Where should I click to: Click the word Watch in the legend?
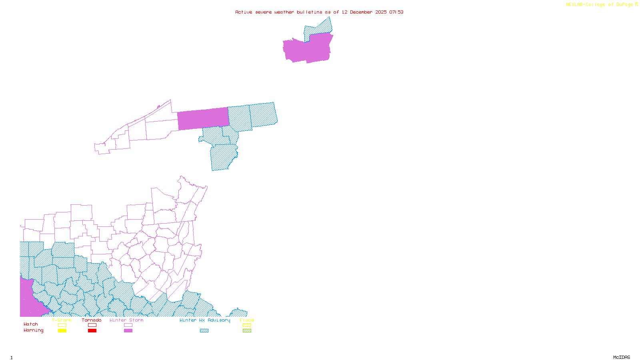[31, 324]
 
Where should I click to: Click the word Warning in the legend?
[34, 330]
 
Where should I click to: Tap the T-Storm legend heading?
[62, 320]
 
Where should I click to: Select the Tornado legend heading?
[92, 320]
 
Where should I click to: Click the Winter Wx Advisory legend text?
[205, 320]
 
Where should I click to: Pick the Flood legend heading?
[247, 320]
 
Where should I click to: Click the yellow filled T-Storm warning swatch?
[62, 331]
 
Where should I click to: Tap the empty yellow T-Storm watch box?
[62, 325]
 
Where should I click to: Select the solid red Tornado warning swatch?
[92, 331]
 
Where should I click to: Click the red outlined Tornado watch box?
[92, 325]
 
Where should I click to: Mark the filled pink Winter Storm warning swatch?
[128, 331]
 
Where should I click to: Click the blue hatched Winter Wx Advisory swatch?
[204, 331]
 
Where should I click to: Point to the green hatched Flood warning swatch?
[247, 331]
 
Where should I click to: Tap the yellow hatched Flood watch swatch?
[247, 325]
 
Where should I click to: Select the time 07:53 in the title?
[396, 12]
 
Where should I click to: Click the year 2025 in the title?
[381, 12]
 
